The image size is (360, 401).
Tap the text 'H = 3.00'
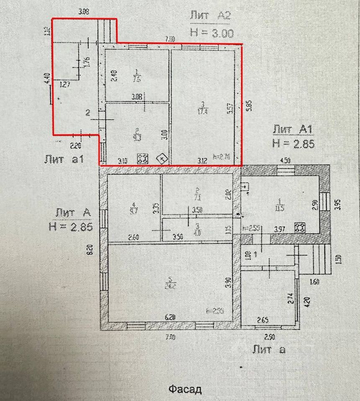click(x=211, y=33)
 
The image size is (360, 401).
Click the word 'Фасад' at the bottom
click(x=185, y=390)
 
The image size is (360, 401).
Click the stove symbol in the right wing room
click(x=299, y=228)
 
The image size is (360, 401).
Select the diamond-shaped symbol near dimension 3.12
click(x=161, y=159)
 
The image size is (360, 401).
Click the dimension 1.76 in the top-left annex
click(x=87, y=61)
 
